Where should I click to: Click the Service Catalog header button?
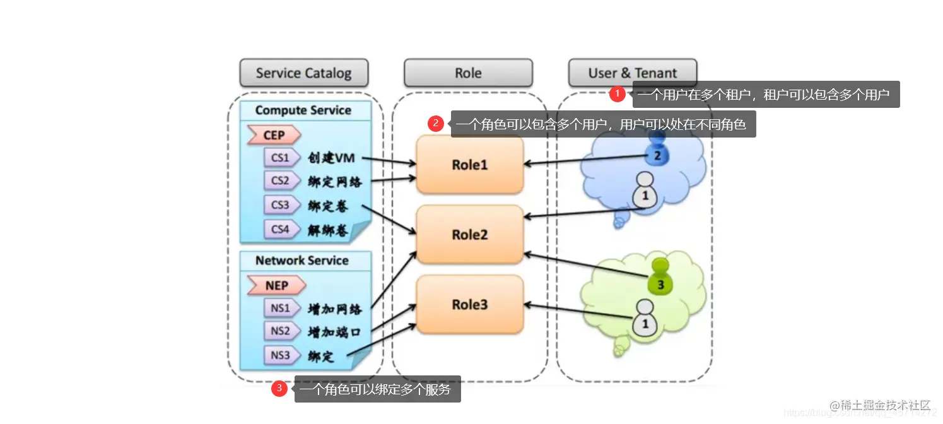pos(303,73)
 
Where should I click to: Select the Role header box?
pos(468,73)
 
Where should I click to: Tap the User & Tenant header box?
pos(633,73)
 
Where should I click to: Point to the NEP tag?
pos(276,285)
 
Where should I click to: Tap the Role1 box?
pos(470,165)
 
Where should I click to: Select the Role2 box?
pos(470,235)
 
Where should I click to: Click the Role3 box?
pos(470,305)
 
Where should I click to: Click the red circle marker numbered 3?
pos(279,389)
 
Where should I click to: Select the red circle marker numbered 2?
pos(436,124)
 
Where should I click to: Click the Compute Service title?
pos(303,110)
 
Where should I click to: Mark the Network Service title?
pos(302,261)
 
